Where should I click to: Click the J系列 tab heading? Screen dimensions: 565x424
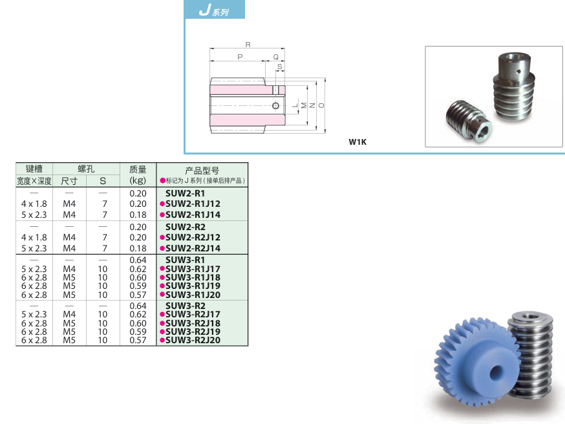tap(214, 10)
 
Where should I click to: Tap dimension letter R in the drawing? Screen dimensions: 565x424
tap(248, 45)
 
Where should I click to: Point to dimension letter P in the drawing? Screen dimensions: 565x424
tap(240, 57)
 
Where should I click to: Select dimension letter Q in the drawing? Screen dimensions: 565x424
tap(275, 57)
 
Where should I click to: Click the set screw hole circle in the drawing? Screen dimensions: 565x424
tap(275, 105)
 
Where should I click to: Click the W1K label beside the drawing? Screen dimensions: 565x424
tap(357, 142)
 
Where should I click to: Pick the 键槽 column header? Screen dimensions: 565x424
tap(34, 169)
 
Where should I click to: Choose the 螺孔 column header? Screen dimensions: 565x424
tap(86, 169)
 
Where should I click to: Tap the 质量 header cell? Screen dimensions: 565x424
tap(138, 169)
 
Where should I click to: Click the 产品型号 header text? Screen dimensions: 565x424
tap(202, 171)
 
